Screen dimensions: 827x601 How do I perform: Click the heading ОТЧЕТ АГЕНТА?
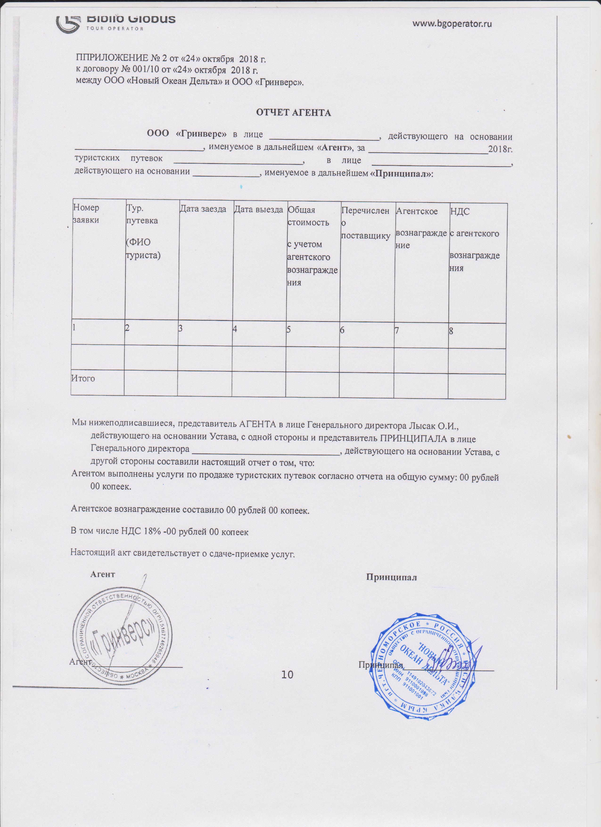tap(293, 113)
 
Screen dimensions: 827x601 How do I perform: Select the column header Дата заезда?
tap(203, 209)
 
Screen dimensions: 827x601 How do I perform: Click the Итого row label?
tap(83, 378)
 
